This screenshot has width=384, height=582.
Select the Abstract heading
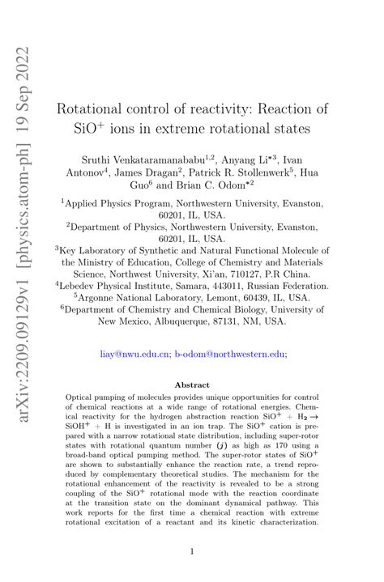192,385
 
